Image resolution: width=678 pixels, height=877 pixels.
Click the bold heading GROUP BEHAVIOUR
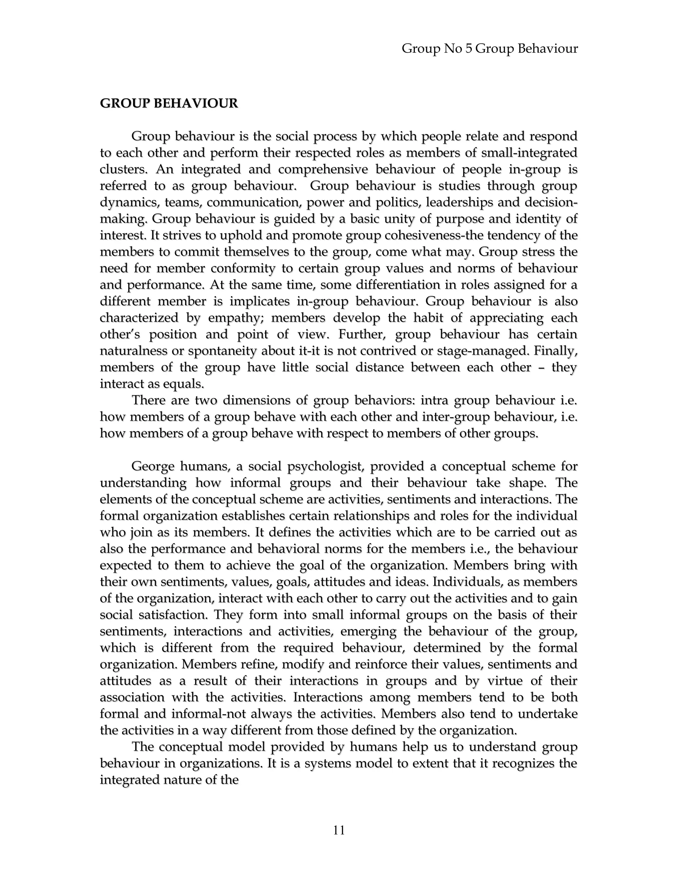[169, 104]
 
